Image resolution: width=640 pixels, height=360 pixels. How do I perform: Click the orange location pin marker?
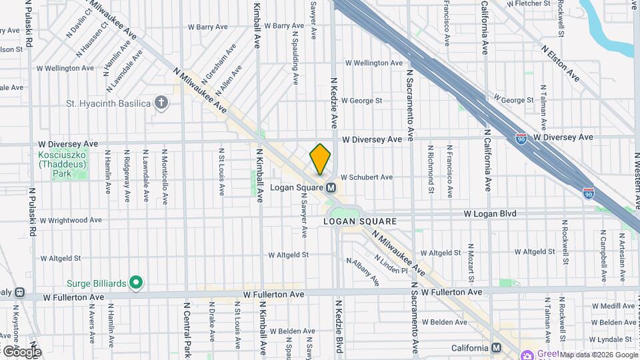320,159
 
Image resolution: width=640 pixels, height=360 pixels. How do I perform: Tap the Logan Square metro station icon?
330,188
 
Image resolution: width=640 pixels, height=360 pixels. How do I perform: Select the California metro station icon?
496,348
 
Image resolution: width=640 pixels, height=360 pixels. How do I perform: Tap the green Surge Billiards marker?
136,283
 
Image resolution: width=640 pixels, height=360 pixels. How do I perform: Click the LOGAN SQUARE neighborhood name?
360,221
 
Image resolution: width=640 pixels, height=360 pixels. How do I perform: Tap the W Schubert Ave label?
366,177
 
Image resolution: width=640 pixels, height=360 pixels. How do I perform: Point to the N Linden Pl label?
391,265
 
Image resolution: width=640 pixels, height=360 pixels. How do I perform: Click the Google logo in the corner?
21,351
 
